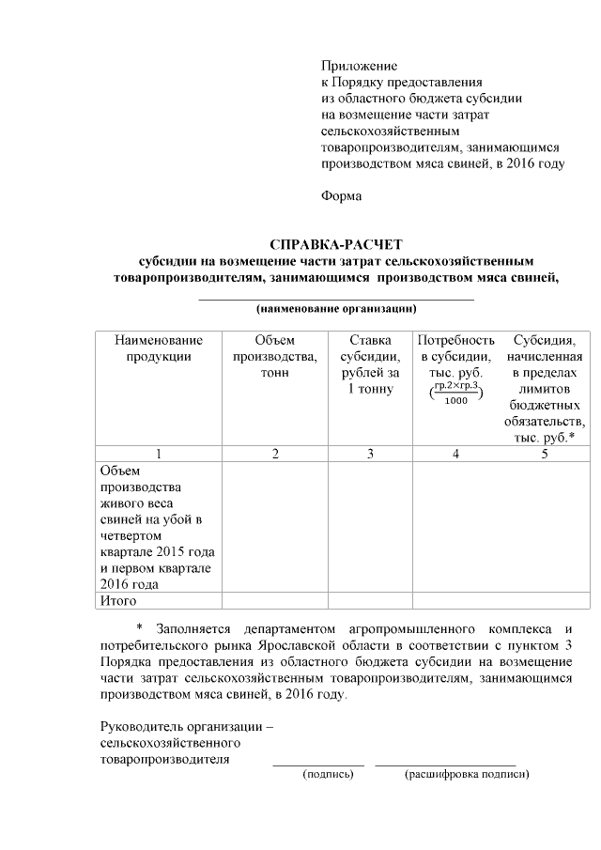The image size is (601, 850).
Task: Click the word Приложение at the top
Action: pos(359,67)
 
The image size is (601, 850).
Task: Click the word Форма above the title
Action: pos(341,196)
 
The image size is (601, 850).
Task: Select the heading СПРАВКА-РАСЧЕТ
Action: pos(335,244)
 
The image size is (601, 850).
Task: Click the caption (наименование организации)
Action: pos(336,308)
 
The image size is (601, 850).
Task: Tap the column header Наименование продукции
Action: pos(159,348)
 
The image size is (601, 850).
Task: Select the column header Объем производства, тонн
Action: pos(275,355)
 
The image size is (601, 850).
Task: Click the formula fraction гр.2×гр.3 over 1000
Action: pos(455,393)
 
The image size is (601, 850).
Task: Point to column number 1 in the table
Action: pos(159,455)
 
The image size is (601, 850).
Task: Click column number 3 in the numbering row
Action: pos(370,455)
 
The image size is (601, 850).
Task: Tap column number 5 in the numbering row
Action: pos(544,455)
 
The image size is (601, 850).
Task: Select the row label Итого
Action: pos(118,600)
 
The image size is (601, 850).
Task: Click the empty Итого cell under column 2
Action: pos(275,600)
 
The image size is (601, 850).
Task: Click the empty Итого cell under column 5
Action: pos(544,600)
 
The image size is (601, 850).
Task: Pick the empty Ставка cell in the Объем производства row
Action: pos(370,526)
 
